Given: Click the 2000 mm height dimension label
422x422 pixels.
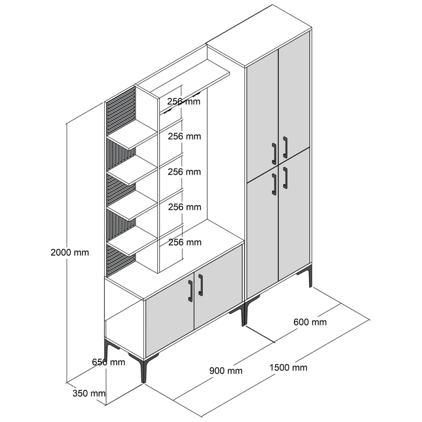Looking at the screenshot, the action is [70, 252].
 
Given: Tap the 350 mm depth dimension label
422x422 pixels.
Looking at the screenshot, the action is [89, 393].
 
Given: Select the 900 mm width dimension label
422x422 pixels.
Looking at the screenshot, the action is [226, 370].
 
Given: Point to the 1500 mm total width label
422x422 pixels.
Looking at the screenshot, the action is [288, 368].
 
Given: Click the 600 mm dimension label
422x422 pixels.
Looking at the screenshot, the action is [310, 322].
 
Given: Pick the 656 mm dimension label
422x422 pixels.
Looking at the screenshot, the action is [109, 362].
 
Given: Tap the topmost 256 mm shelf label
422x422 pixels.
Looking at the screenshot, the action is [184, 101].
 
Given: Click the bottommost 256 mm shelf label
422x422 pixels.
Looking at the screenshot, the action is [185, 242].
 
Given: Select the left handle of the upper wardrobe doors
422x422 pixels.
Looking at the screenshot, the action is [274, 153].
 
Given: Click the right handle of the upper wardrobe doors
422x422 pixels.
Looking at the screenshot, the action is [285, 147].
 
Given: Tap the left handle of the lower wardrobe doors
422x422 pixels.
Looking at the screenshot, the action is [274, 184].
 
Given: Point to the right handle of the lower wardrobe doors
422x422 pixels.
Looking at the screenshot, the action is [285, 178].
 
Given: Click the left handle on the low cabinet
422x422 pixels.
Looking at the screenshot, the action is [190, 291].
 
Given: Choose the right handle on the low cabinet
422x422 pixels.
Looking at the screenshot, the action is [201, 285].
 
